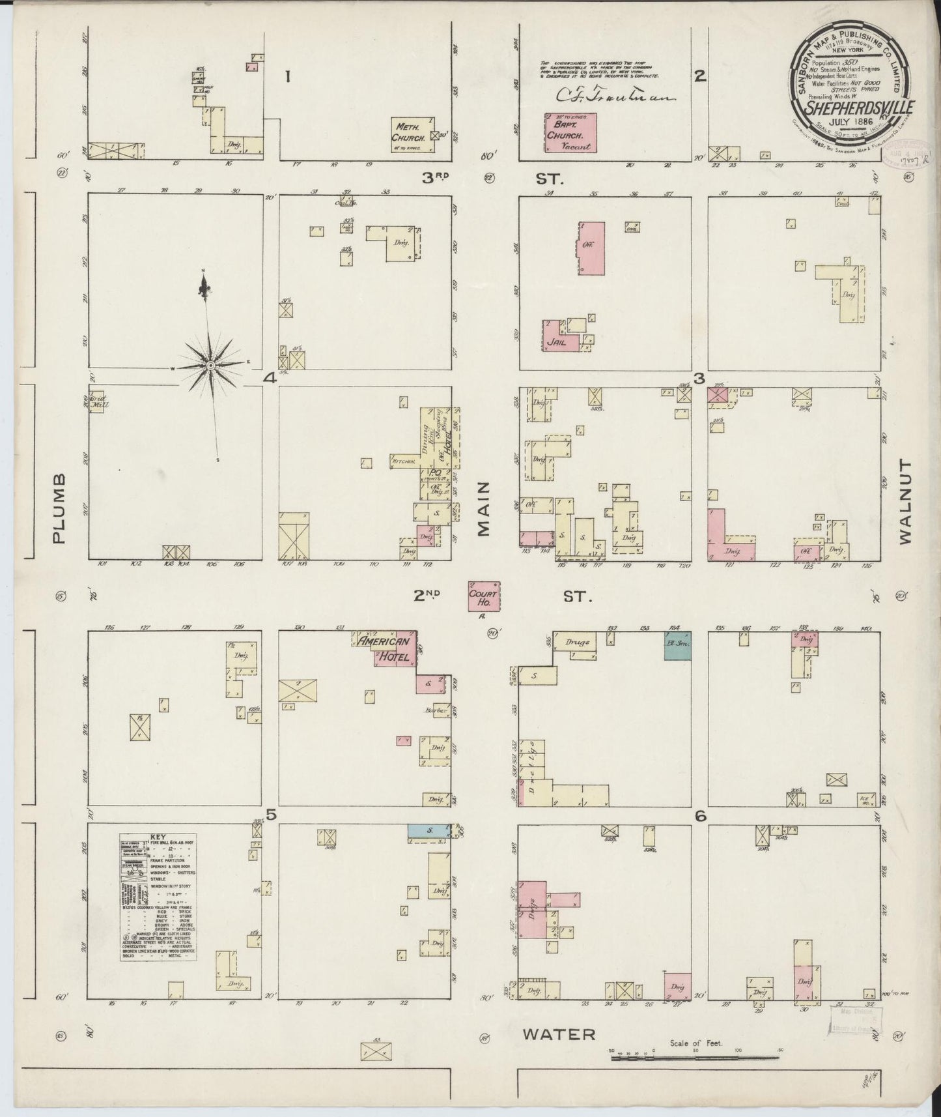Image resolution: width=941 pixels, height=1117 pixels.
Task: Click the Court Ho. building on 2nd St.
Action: pyautogui.click(x=484, y=596)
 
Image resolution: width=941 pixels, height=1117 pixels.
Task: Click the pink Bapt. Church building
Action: pyautogui.click(x=570, y=132)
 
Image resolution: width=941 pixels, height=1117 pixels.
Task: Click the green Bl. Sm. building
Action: pyautogui.click(x=677, y=645)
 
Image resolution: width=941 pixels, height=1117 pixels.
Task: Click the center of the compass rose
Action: pyautogui.click(x=211, y=366)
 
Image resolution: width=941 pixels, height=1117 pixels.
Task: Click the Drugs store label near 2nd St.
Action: pyautogui.click(x=576, y=643)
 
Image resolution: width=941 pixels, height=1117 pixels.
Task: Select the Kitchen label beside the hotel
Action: pyautogui.click(x=404, y=460)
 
